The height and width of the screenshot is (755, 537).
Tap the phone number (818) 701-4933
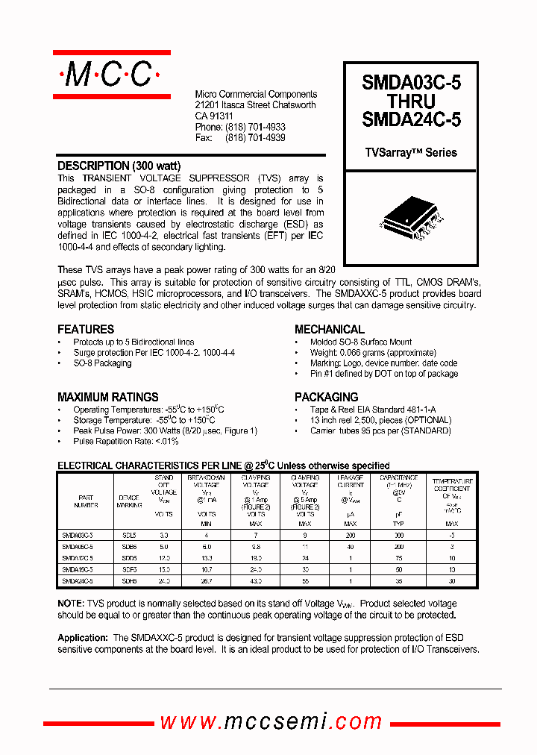[256, 128]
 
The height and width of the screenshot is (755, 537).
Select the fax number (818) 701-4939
[256, 138]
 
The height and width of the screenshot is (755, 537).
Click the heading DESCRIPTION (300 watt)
[119, 166]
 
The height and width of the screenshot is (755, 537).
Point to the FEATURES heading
[86, 329]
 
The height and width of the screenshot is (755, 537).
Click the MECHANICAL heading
[330, 329]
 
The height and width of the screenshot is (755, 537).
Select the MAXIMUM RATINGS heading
[108, 397]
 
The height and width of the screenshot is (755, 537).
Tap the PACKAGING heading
[326, 397]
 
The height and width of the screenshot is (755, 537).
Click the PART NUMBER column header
[87, 501]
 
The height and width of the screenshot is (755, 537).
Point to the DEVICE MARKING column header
[129, 501]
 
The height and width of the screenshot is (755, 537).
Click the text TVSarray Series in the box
[411, 152]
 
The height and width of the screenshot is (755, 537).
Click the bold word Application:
[83, 638]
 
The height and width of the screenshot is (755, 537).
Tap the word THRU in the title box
[411, 101]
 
